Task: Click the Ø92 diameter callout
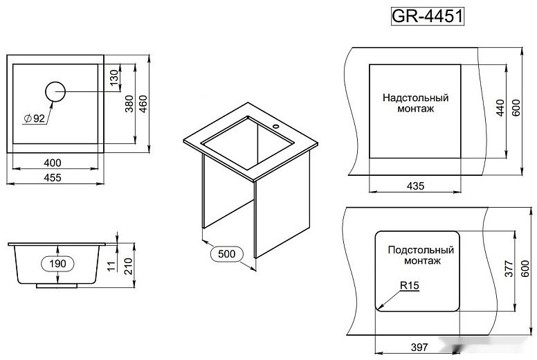(34, 118)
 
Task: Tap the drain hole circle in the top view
(55, 91)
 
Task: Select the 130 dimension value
(114, 80)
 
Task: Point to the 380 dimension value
(129, 104)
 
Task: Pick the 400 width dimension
(53, 162)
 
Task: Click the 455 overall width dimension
(53, 178)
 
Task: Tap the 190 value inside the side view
(57, 263)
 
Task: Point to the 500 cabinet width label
(226, 254)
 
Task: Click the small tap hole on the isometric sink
(275, 127)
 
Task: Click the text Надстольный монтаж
(415, 103)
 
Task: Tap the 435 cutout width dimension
(415, 186)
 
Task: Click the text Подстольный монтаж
(420, 255)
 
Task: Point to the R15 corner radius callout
(410, 285)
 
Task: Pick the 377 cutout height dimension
(507, 271)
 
